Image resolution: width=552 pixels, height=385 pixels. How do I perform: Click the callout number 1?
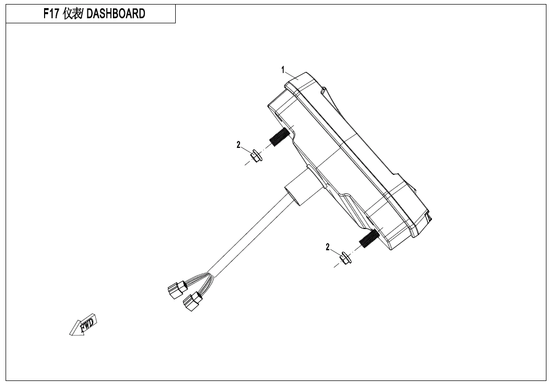point(284,70)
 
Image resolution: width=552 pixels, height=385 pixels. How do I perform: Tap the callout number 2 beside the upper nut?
point(239,145)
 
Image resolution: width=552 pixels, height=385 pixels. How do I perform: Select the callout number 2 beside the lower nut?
point(328,247)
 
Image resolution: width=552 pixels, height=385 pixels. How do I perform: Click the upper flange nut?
point(256,155)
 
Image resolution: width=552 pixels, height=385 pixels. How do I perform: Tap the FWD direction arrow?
point(83,326)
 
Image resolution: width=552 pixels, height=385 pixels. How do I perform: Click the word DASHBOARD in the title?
point(116,14)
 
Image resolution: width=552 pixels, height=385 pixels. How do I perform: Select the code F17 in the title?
point(52,14)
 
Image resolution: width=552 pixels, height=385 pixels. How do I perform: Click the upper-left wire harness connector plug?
point(174,291)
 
